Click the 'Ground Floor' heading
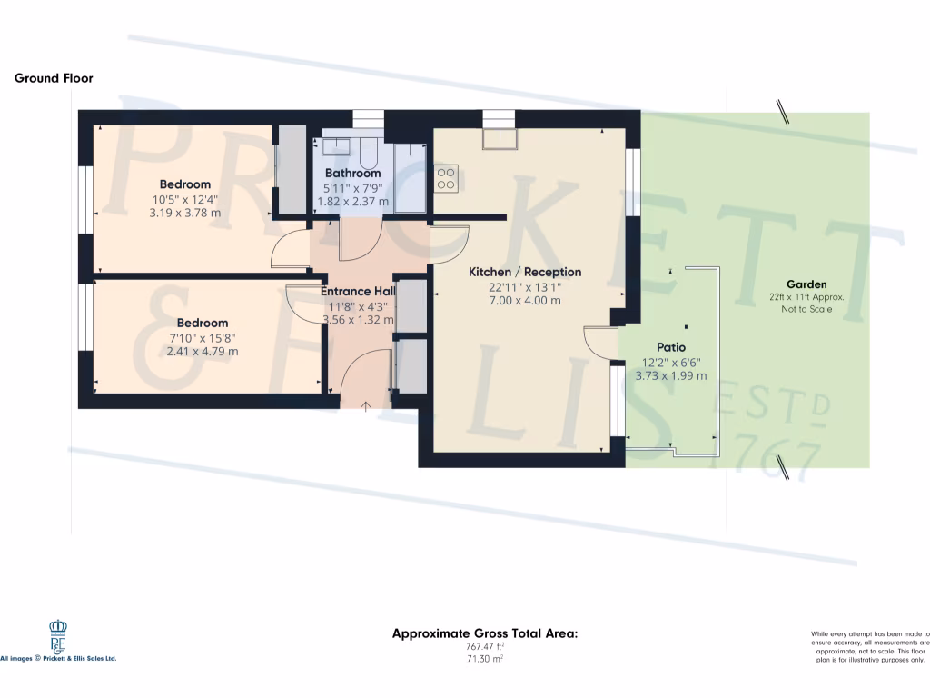54,78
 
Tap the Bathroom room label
352,173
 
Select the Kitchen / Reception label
525,272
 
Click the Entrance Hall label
357,292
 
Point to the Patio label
671,347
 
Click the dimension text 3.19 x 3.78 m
185,214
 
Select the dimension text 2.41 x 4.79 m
203,351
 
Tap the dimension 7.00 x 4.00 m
525,300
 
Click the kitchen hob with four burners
446,178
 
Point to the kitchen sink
500,138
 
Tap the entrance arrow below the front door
367,406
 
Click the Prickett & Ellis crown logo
57,635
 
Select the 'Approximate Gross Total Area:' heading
484,633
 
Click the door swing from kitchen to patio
599,342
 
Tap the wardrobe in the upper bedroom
291,170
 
